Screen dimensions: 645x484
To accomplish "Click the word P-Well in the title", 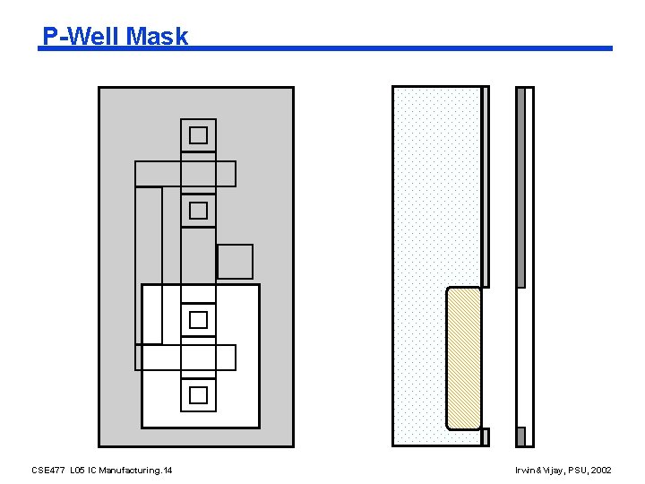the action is coord(82,36).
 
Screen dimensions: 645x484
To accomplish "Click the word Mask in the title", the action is coord(158,36).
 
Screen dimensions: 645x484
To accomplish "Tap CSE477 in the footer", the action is coord(47,471).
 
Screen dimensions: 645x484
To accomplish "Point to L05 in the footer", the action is coord(77,471).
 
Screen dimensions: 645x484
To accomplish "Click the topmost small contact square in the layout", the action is coord(198,135).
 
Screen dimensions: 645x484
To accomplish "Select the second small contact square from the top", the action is coord(198,211).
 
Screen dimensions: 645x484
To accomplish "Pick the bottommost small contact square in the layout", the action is coord(198,394).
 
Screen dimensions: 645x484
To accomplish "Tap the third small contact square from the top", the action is coord(198,319).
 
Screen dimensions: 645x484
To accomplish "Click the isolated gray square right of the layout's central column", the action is coord(235,262).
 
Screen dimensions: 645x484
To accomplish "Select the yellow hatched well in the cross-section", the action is coord(464,359).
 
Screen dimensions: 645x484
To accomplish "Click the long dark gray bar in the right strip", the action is coord(520,186).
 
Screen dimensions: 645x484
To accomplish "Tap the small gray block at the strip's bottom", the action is coord(520,436).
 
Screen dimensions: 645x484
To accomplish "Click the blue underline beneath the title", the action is coord(403,48).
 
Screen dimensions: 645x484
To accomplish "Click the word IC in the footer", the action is coord(92,471).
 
